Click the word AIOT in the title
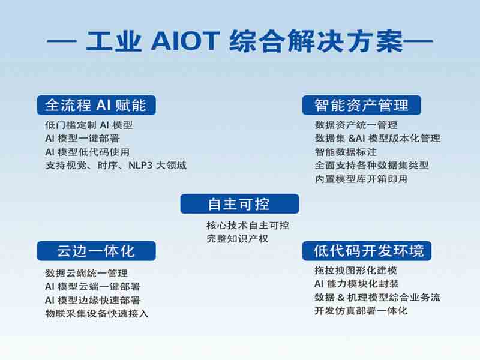click(x=185, y=40)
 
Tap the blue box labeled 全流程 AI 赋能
click(x=97, y=105)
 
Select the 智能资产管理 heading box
click(x=362, y=105)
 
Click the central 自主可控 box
click(x=239, y=203)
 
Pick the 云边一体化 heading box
click(x=97, y=251)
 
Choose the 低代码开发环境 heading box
click(x=367, y=251)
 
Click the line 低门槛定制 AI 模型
click(x=89, y=125)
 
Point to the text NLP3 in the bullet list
click(x=140, y=166)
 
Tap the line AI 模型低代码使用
click(x=88, y=152)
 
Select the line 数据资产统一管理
click(x=356, y=125)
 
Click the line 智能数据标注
click(x=346, y=152)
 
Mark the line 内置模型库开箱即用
click(x=361, y=179)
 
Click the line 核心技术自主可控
click(x=248, y=226)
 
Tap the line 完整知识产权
click(x=238, y=239)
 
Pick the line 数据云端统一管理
click(x=86, y=273)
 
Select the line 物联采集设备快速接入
click(x=97, y=313)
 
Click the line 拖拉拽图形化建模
click(x=356, y=271)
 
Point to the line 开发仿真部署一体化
click(x=361, y=311)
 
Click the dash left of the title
click(x=62, y=41)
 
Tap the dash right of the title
click(x=418, y=41)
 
